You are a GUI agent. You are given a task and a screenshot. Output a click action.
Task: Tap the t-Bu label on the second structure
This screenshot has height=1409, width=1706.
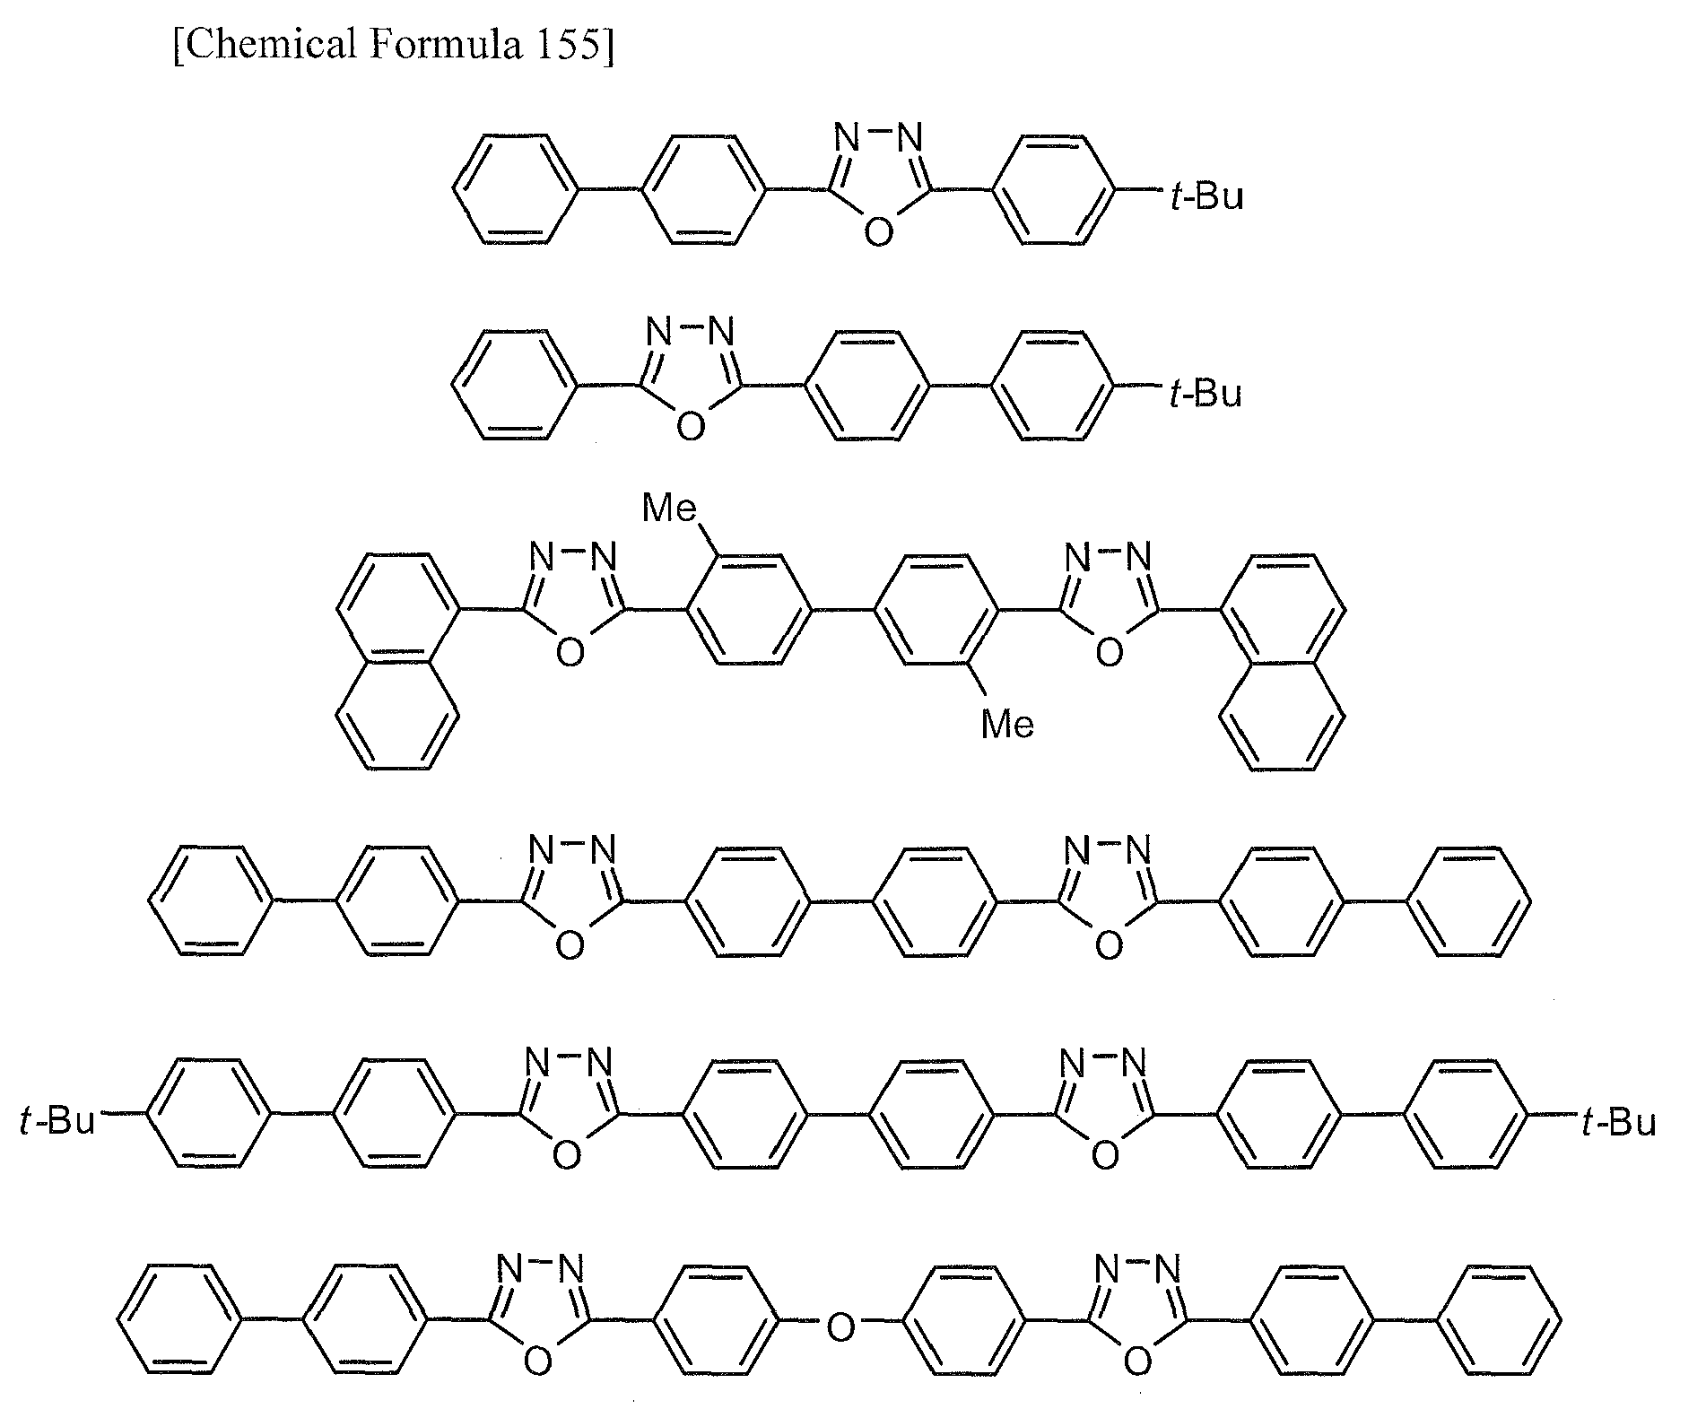[x=1205, y=393]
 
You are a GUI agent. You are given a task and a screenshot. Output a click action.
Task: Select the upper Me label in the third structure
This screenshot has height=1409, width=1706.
[x=671, y=509]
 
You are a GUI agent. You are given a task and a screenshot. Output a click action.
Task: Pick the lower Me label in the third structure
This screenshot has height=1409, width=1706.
[x=1008, y=724]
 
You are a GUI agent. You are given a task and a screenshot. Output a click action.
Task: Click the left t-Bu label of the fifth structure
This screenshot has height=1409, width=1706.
[x=57, y=1120]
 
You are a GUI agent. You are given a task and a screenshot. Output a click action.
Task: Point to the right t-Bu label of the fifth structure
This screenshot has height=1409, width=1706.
[x=1618, y=1121]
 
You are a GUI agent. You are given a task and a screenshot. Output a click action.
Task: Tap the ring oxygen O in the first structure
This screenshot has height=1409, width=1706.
[x=879, y=231]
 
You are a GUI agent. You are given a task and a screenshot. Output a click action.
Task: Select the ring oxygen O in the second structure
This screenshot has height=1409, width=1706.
[x=690, y=427]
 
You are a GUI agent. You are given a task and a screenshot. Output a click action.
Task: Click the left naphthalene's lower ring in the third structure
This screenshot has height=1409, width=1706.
[x=398, y=714]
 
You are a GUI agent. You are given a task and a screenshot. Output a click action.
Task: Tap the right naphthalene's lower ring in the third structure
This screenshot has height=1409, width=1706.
[x=1283, y=714]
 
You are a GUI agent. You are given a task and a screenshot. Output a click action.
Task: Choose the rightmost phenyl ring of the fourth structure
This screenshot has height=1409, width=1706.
[x=1468, y=900]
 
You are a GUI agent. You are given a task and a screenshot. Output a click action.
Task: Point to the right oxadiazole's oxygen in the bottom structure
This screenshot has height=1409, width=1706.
[x=1137, y=1361]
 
